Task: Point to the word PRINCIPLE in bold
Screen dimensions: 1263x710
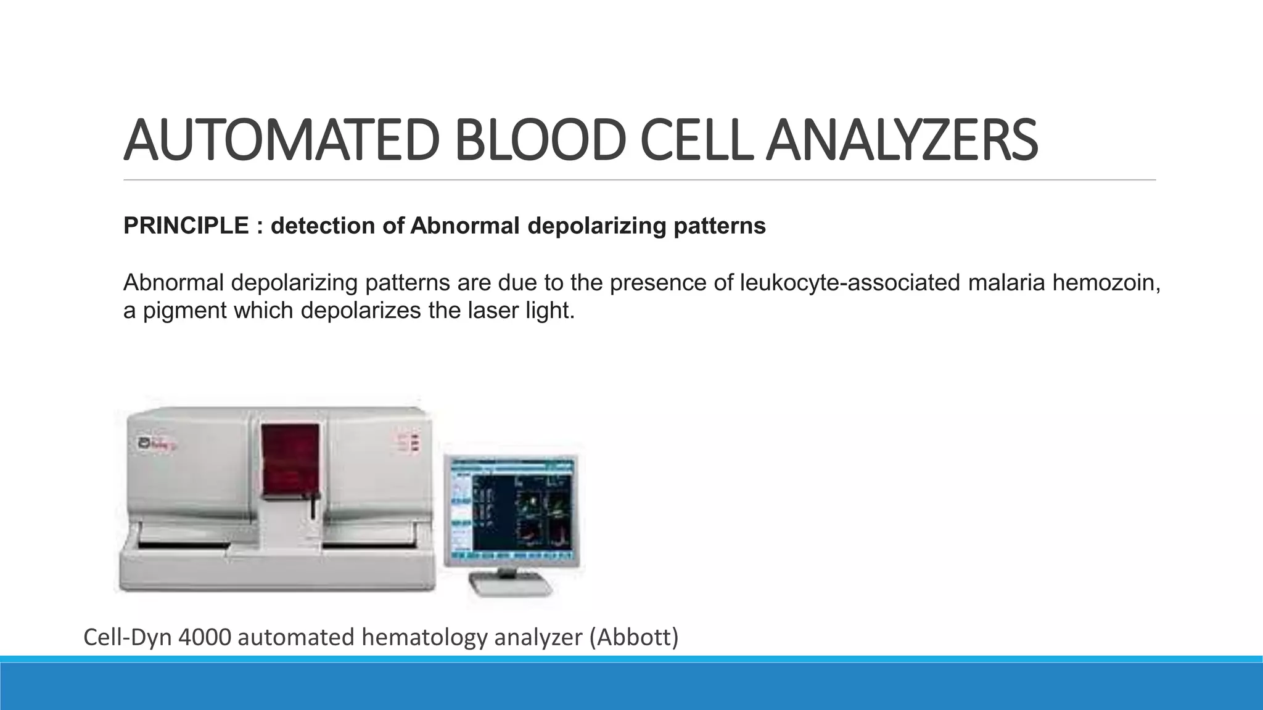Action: click(186, 226)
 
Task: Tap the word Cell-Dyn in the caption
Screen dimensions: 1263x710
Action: click(128, 637)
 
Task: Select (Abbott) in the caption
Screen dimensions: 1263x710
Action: click(633, 637)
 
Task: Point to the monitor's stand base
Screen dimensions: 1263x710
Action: click(510, 586)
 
